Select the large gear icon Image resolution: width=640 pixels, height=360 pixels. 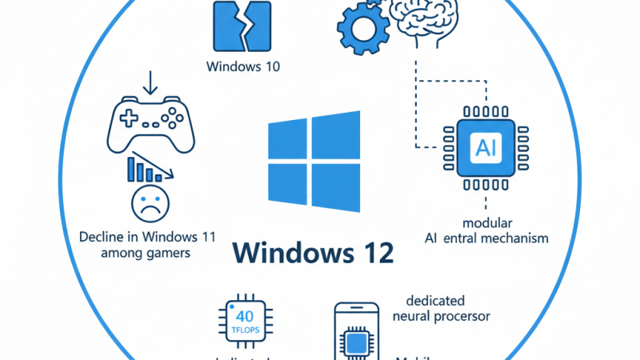pyautogui.click(x=363, y=29)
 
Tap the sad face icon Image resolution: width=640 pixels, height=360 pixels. pyautogui.click(x=150, y=202)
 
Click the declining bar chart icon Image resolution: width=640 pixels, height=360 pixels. pyautogui.click(x=145, y=170)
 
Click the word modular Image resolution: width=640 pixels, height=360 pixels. pyautogui.click(x=486, y=222)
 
